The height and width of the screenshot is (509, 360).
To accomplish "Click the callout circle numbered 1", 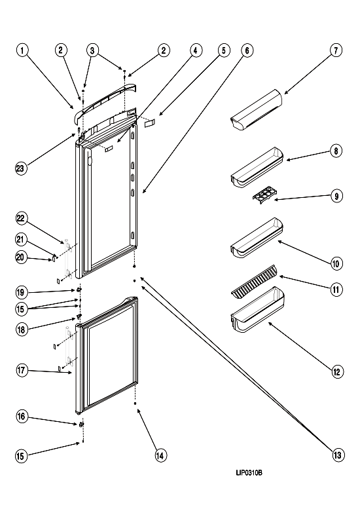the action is click(x=22, y=50).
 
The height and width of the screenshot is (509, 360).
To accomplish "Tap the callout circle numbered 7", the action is click(x=336, y=50).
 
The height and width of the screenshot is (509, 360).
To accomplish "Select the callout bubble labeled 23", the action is click(x=21, y=168).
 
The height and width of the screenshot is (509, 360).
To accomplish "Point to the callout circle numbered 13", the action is click(x=337, y=455).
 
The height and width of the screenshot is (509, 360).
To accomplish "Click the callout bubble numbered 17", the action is click(x=22, y=370).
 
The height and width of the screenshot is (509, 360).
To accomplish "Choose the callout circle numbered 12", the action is click(x=337, y=371).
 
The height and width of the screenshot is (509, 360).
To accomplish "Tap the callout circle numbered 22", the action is click(x=21, y=218).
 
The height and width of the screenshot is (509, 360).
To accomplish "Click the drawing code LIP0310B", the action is click(x=249, y=473).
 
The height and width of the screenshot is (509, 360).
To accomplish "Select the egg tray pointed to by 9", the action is click(x=264, y=195).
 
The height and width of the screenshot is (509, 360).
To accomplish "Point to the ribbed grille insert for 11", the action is click(x=255, y=281).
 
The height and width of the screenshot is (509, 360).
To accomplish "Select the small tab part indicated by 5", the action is click(x=149, y=123).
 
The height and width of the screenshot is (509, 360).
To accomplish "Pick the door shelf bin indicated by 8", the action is click(x=257, y=168).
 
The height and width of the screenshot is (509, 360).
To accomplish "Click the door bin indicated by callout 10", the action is click(x=257, y=238).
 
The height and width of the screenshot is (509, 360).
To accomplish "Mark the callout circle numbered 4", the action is click(x=195, y=50).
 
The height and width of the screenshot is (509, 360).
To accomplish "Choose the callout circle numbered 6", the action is click(x=247, y=50).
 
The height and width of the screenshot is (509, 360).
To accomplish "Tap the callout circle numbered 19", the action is click(x=21, y=292).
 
